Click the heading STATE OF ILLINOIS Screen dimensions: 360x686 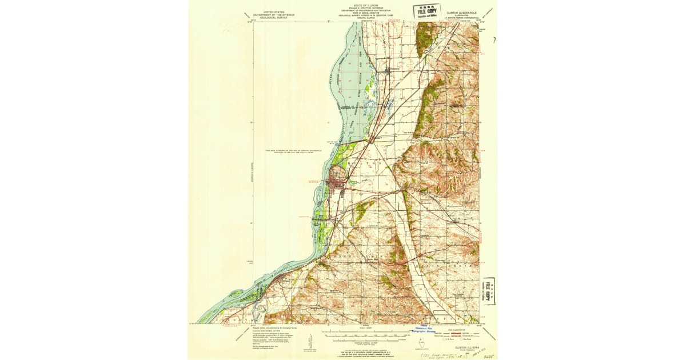pos(366,4)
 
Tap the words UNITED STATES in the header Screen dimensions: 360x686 pos(272,11)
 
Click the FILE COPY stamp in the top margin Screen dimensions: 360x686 pos(428,11)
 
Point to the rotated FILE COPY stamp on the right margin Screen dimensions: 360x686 pos(489,291)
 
